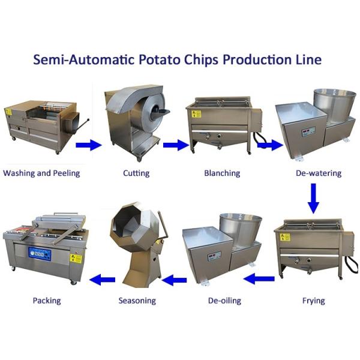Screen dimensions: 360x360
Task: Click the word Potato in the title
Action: click(160, 59)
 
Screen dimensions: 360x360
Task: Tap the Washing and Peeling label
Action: click(41, 173)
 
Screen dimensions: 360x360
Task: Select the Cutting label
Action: click(136, 173)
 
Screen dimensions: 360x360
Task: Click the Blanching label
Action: click(222, 173)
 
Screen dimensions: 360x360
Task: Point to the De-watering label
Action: click(319, 173)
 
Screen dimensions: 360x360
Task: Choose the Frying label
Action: click(314, 301)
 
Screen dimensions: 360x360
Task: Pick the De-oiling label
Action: click(224, 301)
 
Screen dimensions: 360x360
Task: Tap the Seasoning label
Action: click(137, 301)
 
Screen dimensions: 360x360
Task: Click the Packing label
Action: click(47, 301)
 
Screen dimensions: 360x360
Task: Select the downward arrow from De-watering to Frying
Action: click(313, 199)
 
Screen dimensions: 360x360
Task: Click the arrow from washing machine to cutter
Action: click(89, 145)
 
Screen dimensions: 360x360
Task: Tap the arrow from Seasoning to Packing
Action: click(103, 280)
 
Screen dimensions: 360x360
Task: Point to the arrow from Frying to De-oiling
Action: click(259, 279)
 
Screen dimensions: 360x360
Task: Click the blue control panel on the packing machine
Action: click(40, 254)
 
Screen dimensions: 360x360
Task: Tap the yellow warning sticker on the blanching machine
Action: click(197, 114)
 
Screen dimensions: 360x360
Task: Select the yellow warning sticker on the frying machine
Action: click(285, 237)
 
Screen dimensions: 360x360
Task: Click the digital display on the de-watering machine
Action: click(308, 131)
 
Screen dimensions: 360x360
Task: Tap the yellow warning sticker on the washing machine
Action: click(9, 112)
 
